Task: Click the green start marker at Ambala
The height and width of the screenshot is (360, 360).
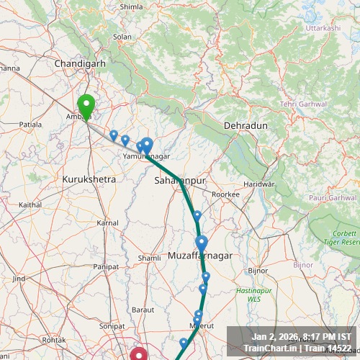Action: coord(86,107)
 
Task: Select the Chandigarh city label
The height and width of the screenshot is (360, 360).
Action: coord(81,63)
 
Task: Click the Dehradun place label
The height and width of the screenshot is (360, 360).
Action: coord(246,125)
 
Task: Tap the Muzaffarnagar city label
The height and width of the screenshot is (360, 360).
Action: coord(200,256)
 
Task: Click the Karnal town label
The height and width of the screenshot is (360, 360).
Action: coord(107,223)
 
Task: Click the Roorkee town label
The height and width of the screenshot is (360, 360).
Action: coord(225,194)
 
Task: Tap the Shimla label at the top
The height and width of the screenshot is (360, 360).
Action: coord(131,6)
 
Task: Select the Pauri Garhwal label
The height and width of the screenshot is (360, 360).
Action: coord(332,197)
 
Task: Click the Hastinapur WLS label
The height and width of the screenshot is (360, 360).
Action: coord(248,294)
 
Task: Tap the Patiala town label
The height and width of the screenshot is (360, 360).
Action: coord(30,125)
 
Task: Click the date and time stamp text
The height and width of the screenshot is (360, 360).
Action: coord(301,337)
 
